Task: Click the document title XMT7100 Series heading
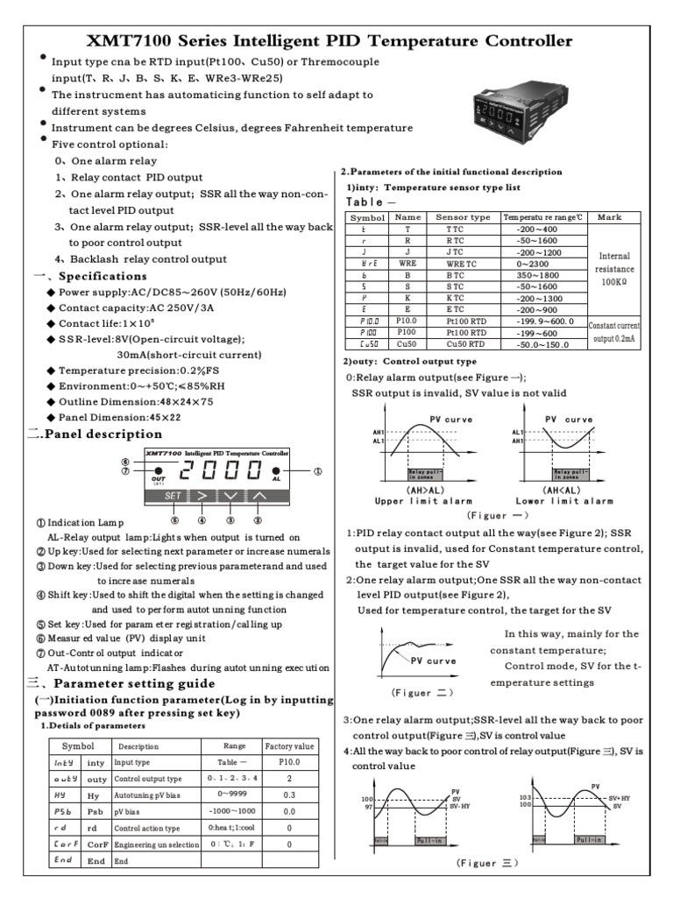(x=331, y=41)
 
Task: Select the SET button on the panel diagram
(x=174, y=495)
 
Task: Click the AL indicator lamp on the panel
(x=277, y=471)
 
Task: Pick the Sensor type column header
(x=463, y=216)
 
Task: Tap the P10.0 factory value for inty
(x=289, y=763)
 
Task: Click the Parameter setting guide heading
(x=131, y=682)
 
